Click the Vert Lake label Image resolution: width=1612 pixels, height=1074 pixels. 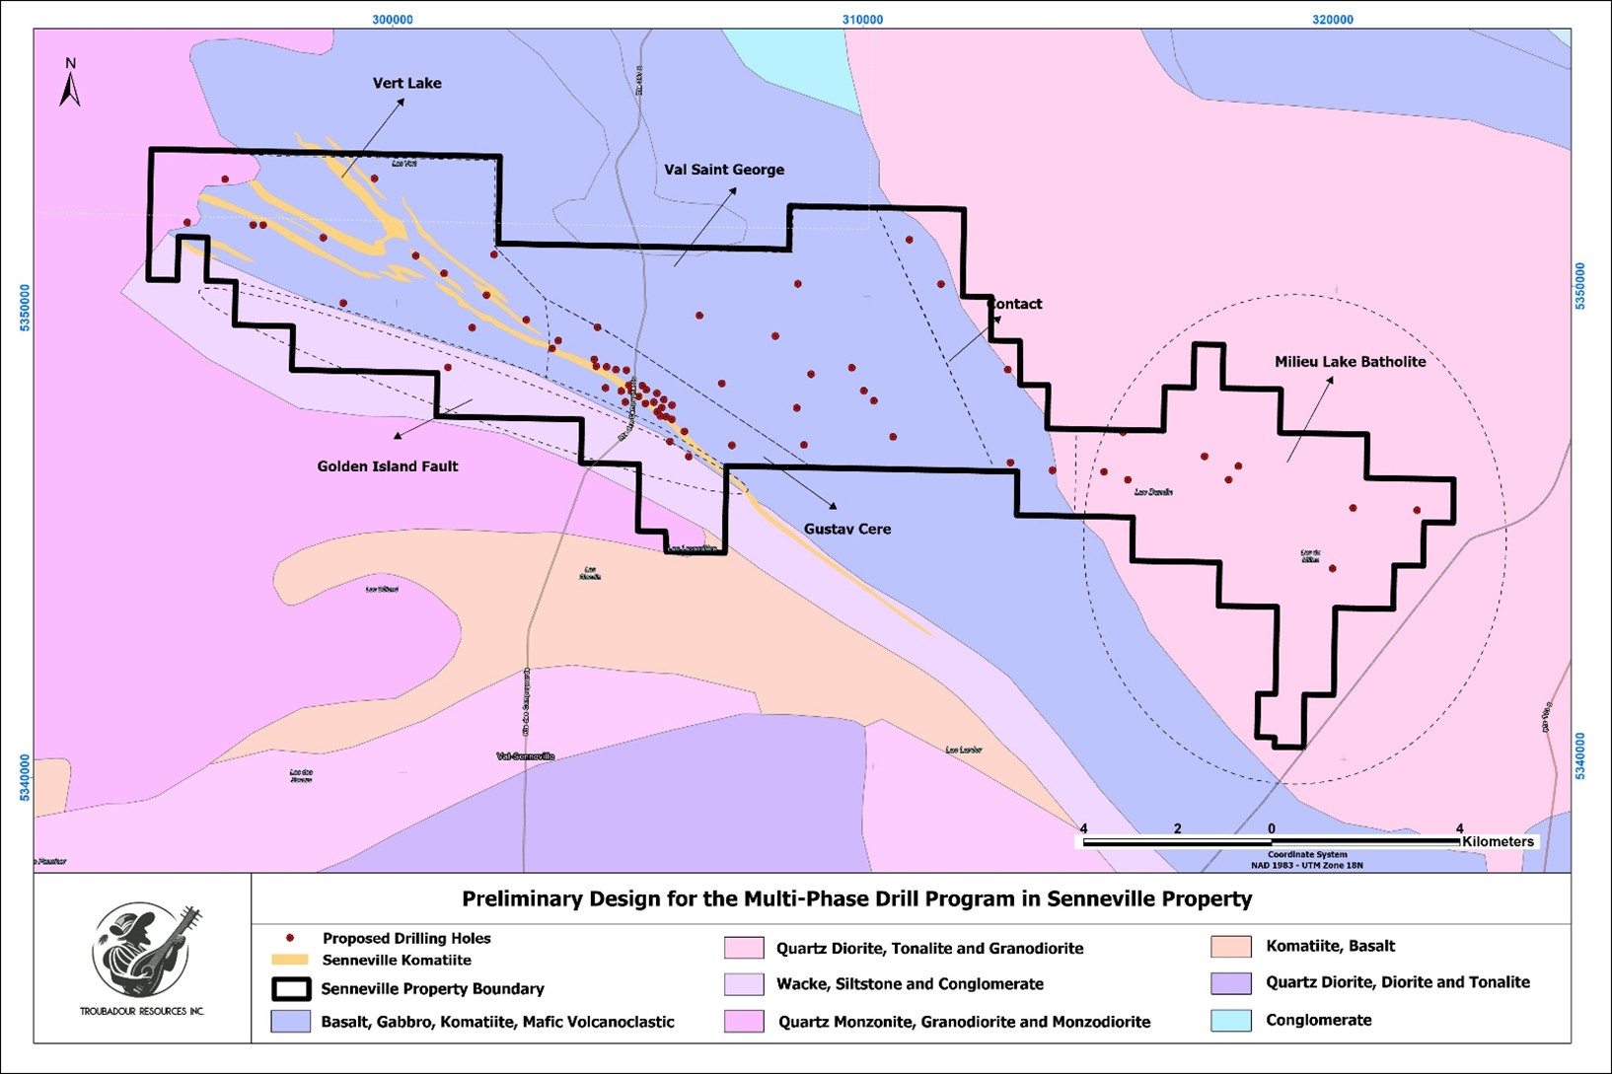point(406,84)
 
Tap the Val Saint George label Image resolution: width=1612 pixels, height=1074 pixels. point(724,170)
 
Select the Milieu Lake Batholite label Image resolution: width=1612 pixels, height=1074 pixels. point(1350,362)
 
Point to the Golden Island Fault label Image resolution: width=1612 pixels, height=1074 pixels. point(387,466)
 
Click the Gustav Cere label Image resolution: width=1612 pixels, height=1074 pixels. point(846,529)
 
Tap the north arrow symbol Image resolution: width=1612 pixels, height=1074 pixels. point(70,84)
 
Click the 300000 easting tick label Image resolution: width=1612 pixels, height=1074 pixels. point(393,20)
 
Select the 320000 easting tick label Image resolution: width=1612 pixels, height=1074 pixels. point(1333,20)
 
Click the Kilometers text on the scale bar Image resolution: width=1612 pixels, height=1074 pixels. point(1498,841)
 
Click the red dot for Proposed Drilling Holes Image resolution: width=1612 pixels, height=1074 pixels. point(289,938)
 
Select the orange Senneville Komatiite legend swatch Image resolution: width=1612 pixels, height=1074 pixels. point(289,960)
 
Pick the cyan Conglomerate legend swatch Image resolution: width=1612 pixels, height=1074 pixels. point(1230,1020)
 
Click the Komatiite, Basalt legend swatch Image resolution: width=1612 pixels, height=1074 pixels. point(1230,947)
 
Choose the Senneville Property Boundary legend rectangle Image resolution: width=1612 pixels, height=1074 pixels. point(291,988)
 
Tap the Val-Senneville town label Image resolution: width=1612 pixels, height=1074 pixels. point(525,756)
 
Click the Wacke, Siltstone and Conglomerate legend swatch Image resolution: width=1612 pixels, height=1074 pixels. point(744,984)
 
